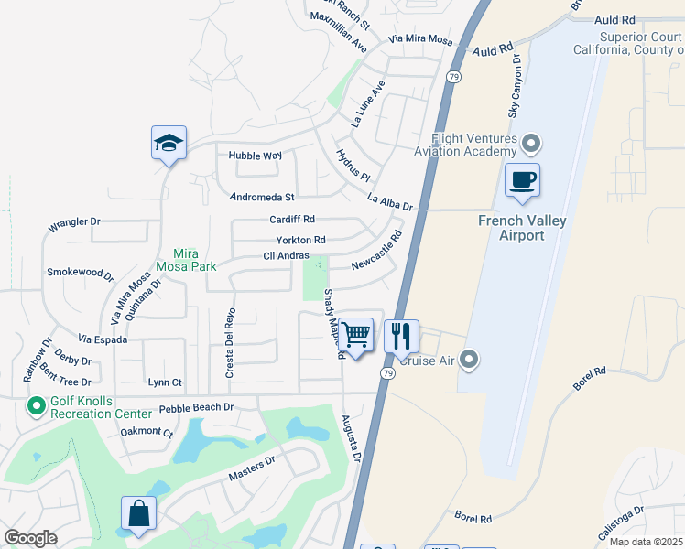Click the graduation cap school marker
(x=169, y=143)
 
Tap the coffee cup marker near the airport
(x=522, y=179)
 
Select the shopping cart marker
(x=356, y=335)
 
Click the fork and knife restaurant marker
(x=401, y=336)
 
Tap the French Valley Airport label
(x=522, y=228)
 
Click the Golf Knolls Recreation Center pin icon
(x=37, y=404)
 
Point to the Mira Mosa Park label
(x=195, y=260)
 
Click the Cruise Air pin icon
(x=470, y=361)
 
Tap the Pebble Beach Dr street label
(x=196, y=408)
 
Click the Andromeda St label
(x=262, y=197)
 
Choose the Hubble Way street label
(x=255, y=156)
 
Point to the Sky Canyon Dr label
(x=514, y=88)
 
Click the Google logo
(x=30, y=537)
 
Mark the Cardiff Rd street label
(x=292, y=220)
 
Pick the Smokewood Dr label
(x=81, y=273)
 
